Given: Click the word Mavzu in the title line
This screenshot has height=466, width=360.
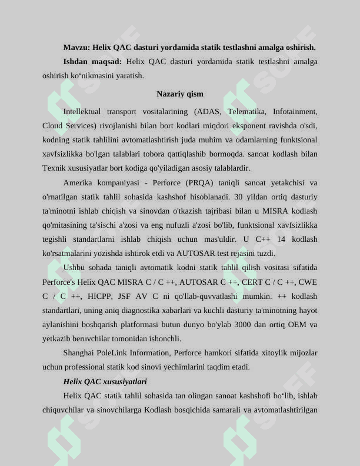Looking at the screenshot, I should pos(75,47).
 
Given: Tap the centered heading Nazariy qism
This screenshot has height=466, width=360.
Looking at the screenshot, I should pos(180,94).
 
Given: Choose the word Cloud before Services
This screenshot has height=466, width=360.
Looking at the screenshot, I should pos(52,125).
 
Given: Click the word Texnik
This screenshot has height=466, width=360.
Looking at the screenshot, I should pos(53,168).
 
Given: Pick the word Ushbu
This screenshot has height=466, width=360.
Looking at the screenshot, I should pos(74,268).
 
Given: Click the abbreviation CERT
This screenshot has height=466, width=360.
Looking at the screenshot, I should pos(252,282).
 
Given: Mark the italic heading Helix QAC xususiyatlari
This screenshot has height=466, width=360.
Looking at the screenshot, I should pos(105,382).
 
